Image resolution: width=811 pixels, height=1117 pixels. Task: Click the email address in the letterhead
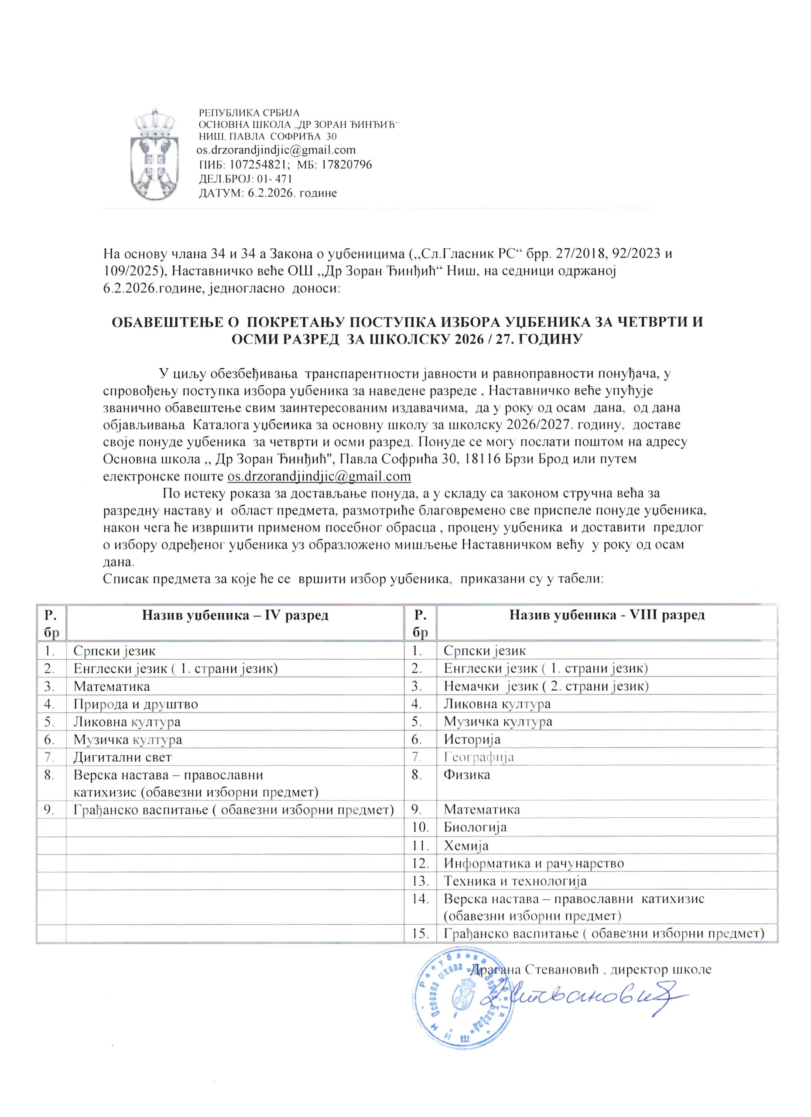click(276, 150)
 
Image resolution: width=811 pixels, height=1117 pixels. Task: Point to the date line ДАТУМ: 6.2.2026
click(267, 193)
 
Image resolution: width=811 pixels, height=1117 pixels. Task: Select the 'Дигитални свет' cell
click(123, 757)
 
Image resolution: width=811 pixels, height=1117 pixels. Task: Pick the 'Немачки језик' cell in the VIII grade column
click(546, 686)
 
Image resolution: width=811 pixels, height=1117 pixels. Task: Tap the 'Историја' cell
click(472, 739)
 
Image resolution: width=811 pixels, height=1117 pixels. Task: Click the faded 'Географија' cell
click(479, 757)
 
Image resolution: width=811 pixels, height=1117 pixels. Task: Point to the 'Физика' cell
click(467, 775)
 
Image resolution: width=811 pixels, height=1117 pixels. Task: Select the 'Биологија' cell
click(475, 827)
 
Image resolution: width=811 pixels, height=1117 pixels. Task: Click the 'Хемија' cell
click(466, 846)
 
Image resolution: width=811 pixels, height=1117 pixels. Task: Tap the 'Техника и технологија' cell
click(515, 881)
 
